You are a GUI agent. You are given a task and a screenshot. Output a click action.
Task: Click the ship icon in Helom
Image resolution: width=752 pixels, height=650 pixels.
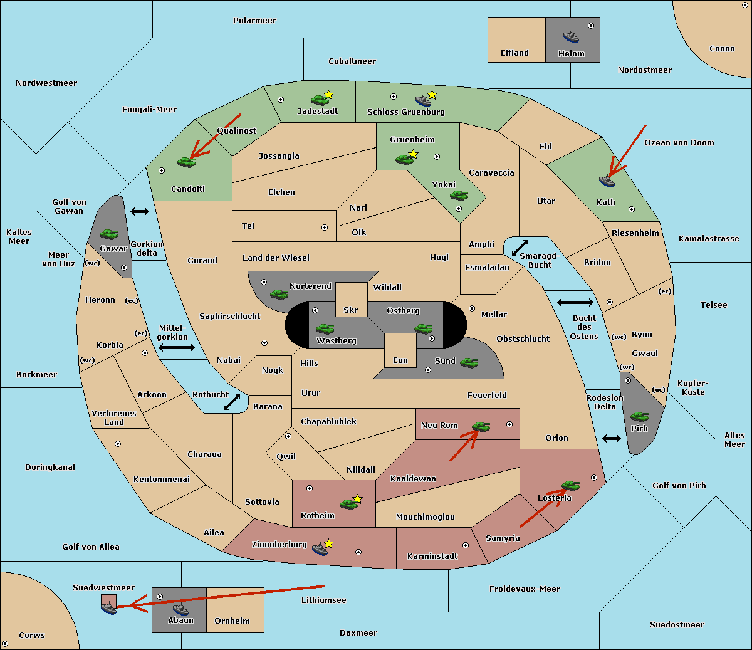pos(571,36)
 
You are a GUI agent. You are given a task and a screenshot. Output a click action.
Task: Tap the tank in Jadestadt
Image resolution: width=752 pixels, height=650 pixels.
pos(320,100)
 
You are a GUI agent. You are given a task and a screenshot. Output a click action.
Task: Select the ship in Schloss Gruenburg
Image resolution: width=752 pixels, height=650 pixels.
pos(423,100)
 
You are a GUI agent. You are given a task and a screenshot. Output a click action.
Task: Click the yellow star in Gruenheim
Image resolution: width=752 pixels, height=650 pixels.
pos(413,154)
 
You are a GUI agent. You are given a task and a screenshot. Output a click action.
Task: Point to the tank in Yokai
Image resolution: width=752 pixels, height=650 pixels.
pos(459,196)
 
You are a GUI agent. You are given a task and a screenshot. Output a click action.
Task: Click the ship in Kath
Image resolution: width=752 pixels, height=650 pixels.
pos(607,181)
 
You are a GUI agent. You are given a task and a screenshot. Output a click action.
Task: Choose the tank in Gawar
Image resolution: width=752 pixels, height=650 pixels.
pos(109,234)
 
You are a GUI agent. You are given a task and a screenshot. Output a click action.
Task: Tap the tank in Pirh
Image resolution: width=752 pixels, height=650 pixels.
pos(639,416)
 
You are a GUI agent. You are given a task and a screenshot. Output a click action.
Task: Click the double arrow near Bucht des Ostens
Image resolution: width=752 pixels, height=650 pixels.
pos(575,302)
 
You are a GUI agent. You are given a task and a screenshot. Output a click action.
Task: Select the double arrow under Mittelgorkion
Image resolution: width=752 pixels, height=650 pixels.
pos(177,347)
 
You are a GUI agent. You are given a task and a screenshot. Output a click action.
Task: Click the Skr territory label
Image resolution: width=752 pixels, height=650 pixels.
pos(351,310)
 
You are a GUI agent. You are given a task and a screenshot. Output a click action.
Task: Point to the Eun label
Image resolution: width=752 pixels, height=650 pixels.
pos(400,360)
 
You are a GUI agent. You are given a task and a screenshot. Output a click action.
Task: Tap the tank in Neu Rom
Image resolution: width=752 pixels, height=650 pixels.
pos(481,426)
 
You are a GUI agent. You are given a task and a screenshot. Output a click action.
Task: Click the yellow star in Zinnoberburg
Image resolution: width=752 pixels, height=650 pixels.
pos(328,543)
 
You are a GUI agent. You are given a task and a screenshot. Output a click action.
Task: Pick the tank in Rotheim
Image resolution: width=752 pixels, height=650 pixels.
pos(348,504)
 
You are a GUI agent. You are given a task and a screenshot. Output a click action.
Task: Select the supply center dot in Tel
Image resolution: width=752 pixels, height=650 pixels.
pos(325,228)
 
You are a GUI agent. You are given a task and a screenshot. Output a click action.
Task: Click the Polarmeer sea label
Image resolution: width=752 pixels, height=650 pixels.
pos(254,21)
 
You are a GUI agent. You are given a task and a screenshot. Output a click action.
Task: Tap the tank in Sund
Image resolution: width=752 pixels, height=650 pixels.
pos(469,362)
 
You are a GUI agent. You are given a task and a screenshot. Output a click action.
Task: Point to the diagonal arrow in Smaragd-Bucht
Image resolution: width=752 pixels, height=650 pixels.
pos(520,248)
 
